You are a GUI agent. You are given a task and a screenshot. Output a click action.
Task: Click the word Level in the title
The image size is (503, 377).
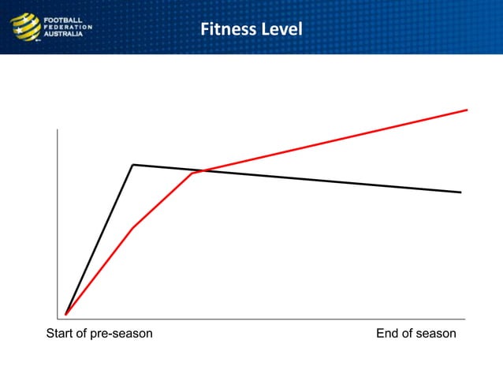click(x=282, y=30)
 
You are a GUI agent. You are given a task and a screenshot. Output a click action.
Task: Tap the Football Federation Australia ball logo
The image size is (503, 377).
click(x=24, y=27)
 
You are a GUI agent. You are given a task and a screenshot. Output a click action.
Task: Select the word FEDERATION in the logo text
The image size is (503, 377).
click(x=69, y=27)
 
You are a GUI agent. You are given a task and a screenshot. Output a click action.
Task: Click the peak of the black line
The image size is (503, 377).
click(x=133, y=165)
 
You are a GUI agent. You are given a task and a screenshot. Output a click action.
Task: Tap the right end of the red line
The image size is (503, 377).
click(x=467, y=110)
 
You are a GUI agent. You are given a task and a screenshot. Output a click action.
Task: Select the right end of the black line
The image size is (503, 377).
click(x=460, y=192)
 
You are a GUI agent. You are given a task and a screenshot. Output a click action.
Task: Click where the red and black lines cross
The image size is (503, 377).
click(x=203, y=170)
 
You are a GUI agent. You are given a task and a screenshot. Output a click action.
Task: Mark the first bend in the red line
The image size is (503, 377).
click(x=132, y=228)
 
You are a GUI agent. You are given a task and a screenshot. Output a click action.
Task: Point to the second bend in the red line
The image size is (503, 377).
click(x=192, y=174)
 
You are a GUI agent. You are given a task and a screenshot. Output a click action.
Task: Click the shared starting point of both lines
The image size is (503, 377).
click(x=66, y=314)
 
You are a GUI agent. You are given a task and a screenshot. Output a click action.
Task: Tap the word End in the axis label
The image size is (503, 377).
click(x=388, y=334)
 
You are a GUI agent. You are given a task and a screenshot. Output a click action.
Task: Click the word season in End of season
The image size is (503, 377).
click(x=436, y=334)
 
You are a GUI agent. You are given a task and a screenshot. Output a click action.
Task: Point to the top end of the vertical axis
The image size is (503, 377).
click(x=58, y=129)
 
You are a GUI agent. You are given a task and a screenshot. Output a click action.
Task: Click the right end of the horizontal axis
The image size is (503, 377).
click(x=464, y=319)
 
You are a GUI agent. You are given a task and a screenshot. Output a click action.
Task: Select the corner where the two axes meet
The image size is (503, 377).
click(x=58, y=319)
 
